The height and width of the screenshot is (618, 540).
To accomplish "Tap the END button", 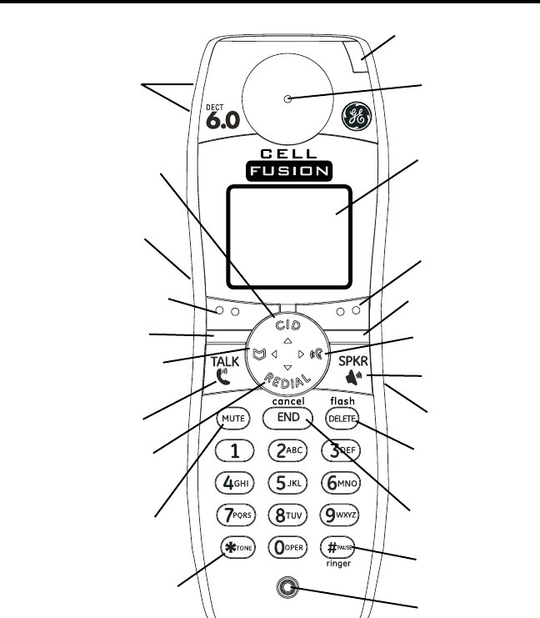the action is (287, 417).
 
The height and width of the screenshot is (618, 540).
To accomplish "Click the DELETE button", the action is (342, 417).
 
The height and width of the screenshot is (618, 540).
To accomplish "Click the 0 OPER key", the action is (287, 547).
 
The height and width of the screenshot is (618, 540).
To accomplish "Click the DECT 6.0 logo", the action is (221, 114).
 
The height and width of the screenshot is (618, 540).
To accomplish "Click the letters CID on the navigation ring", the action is (287, 316).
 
